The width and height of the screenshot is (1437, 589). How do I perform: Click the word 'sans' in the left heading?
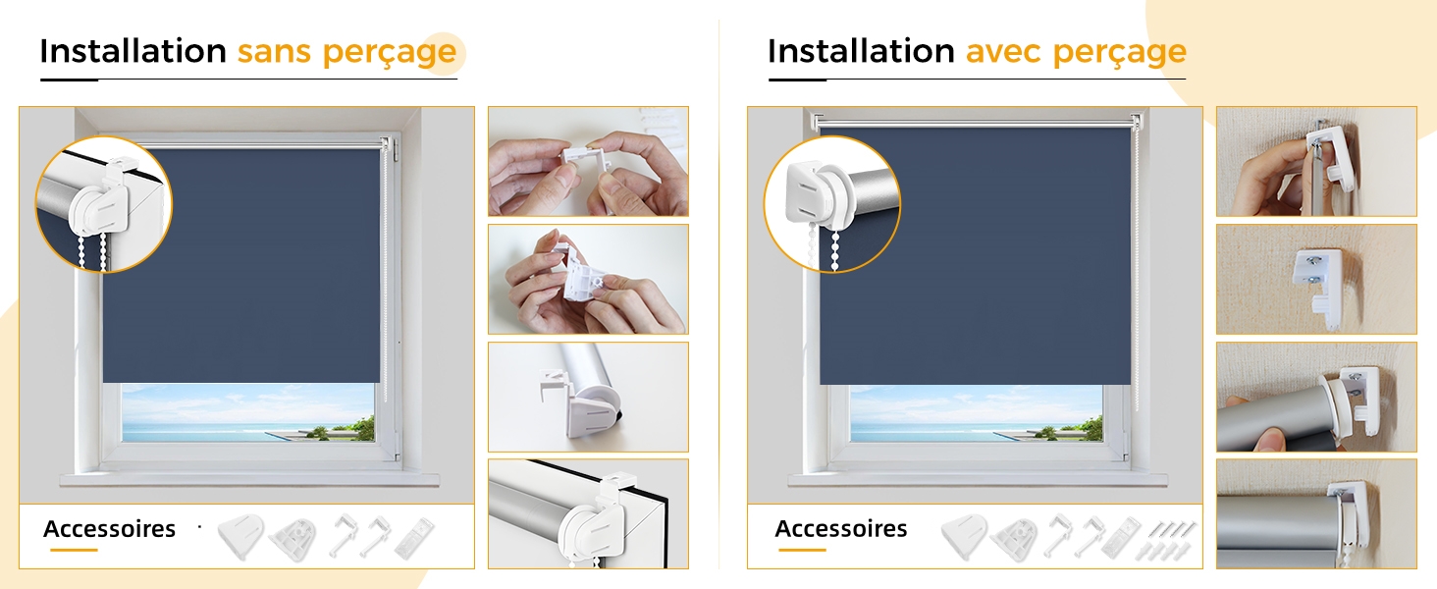(274, 52)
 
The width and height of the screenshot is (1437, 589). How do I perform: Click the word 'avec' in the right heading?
(1003, 52)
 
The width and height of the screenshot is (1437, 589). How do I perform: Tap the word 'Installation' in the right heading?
(861, 51)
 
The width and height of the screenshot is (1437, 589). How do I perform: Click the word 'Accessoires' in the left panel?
(109, 529)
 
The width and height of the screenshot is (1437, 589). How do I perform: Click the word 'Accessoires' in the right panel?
(841, 529)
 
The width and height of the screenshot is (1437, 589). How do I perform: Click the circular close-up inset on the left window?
(103, 204)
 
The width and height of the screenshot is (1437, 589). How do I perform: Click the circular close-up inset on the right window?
(832, 204)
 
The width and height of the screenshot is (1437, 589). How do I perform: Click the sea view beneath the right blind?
(976, 413)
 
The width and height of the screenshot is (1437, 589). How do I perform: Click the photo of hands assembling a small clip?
(588, 161)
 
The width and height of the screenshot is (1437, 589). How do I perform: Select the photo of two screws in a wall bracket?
(1316, 279)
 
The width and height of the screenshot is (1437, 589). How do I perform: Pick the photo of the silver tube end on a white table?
(588, 397)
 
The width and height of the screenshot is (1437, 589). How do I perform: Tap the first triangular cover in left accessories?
(240, 536)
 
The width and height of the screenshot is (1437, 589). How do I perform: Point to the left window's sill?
(249, 479)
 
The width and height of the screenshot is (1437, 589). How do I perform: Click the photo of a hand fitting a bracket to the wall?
(1316, 161)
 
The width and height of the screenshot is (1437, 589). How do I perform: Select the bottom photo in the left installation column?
(588, 513)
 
